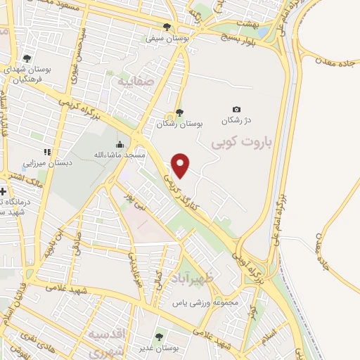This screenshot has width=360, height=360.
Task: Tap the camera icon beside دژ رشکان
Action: pyautogui.click(x=236, y=109)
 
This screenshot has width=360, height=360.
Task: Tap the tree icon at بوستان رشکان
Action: pyautogui.click(x=179, y=112)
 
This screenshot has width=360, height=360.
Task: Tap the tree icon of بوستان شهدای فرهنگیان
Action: pyautogui.click(x=27, y=58)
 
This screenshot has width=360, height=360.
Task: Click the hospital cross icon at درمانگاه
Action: pyautogui.click(x=3, y=191)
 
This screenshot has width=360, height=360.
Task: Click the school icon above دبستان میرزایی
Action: pyautogui.click(x=47, y=152)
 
